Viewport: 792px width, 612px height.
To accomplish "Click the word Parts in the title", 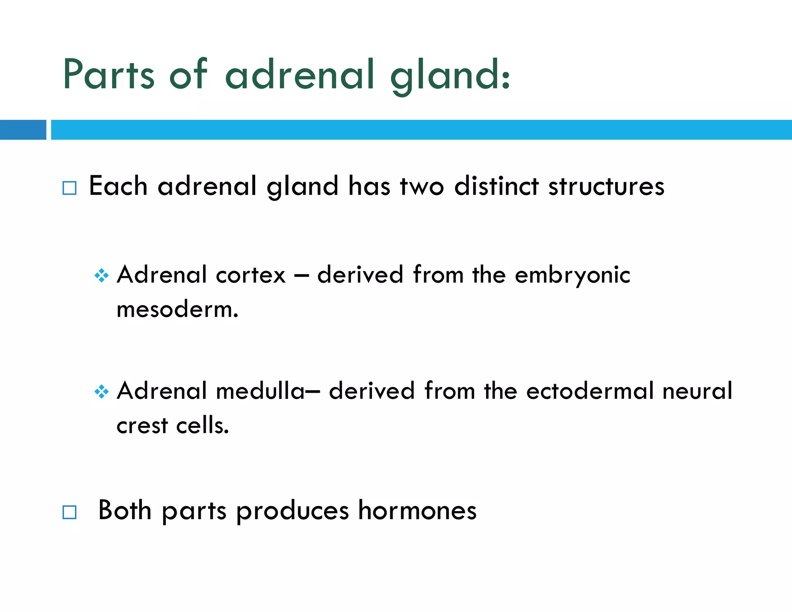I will [x=109, y=74].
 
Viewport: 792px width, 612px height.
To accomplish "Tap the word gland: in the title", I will [x=450, y=75].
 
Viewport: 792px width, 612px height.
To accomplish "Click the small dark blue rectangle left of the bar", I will [x=23, y=130].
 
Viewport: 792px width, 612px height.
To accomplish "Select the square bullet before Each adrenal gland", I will [x=70, y=188].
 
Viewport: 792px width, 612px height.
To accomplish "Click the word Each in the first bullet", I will [x=118, y=186].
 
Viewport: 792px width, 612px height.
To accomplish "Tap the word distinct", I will [x=496, y=186].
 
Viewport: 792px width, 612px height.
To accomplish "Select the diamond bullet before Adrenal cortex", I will [x=101, y=275].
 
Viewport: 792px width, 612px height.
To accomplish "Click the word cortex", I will [x=251, y=275].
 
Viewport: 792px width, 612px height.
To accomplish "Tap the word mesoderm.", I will [x=177, y=310].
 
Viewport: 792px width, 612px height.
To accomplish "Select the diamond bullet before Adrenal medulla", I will [x=101, y=391].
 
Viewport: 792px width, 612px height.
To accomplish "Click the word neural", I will [x=697, y=391].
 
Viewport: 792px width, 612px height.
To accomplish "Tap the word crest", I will [x=142, y=426].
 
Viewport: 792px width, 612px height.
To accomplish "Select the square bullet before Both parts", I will [x=70, y=512].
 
